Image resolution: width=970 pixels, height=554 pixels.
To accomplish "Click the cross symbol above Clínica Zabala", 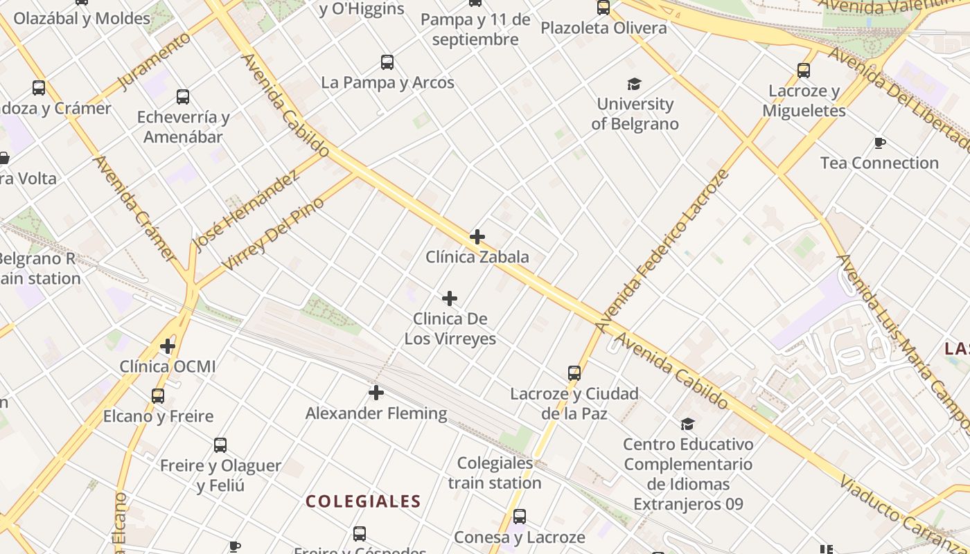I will pyautogui.click(x=477, y=237).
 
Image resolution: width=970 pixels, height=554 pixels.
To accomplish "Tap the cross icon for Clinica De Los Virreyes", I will pyautogui.click(x=450, y=298).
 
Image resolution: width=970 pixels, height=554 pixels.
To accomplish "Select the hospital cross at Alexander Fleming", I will pyautogui.click(x=376, y=393).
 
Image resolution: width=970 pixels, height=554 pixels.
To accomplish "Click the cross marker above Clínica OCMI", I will pyautogui.click(x=168, y=346).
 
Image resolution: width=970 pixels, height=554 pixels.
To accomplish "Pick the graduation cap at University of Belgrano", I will pyautogui.click(x=634, y=84).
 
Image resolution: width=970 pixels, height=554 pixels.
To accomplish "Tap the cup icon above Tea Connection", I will pyautogui.click(x=880, y=143).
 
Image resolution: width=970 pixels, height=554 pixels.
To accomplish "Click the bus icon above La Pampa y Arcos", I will pyautogui.click(x=387, y=62).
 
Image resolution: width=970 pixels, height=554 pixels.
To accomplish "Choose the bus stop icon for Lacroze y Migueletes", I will pyautogui.click(x=804, y=71).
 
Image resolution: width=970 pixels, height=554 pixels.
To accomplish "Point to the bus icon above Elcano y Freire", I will pyautogui.click(x=158, y=396).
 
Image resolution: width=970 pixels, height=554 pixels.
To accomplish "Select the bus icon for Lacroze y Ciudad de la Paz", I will pyautogui.click(x=574, y=373).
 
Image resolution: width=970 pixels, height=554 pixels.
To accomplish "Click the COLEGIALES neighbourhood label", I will pyautogui.click(x=363, y=501).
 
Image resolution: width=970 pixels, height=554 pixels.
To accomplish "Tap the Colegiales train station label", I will pyautogui.click(x=495, y=473).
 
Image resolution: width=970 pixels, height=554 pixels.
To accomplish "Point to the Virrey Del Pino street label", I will pyautogui.click(x=273, y=234).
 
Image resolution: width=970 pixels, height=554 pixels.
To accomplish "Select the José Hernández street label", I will pyautogui.click(x=246, y=210).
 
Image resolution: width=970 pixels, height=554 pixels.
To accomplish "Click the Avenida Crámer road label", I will pyautogui.click(x=134, y=208).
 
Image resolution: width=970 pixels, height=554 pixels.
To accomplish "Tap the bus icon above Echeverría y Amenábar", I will pyautogui.click(x=183, y=97).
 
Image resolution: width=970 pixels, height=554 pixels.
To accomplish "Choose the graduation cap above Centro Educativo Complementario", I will pyautogui.click(x=687, y=424).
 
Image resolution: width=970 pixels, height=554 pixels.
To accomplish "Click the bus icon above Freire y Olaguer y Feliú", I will pyautogui.click(x=220, y=445).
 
